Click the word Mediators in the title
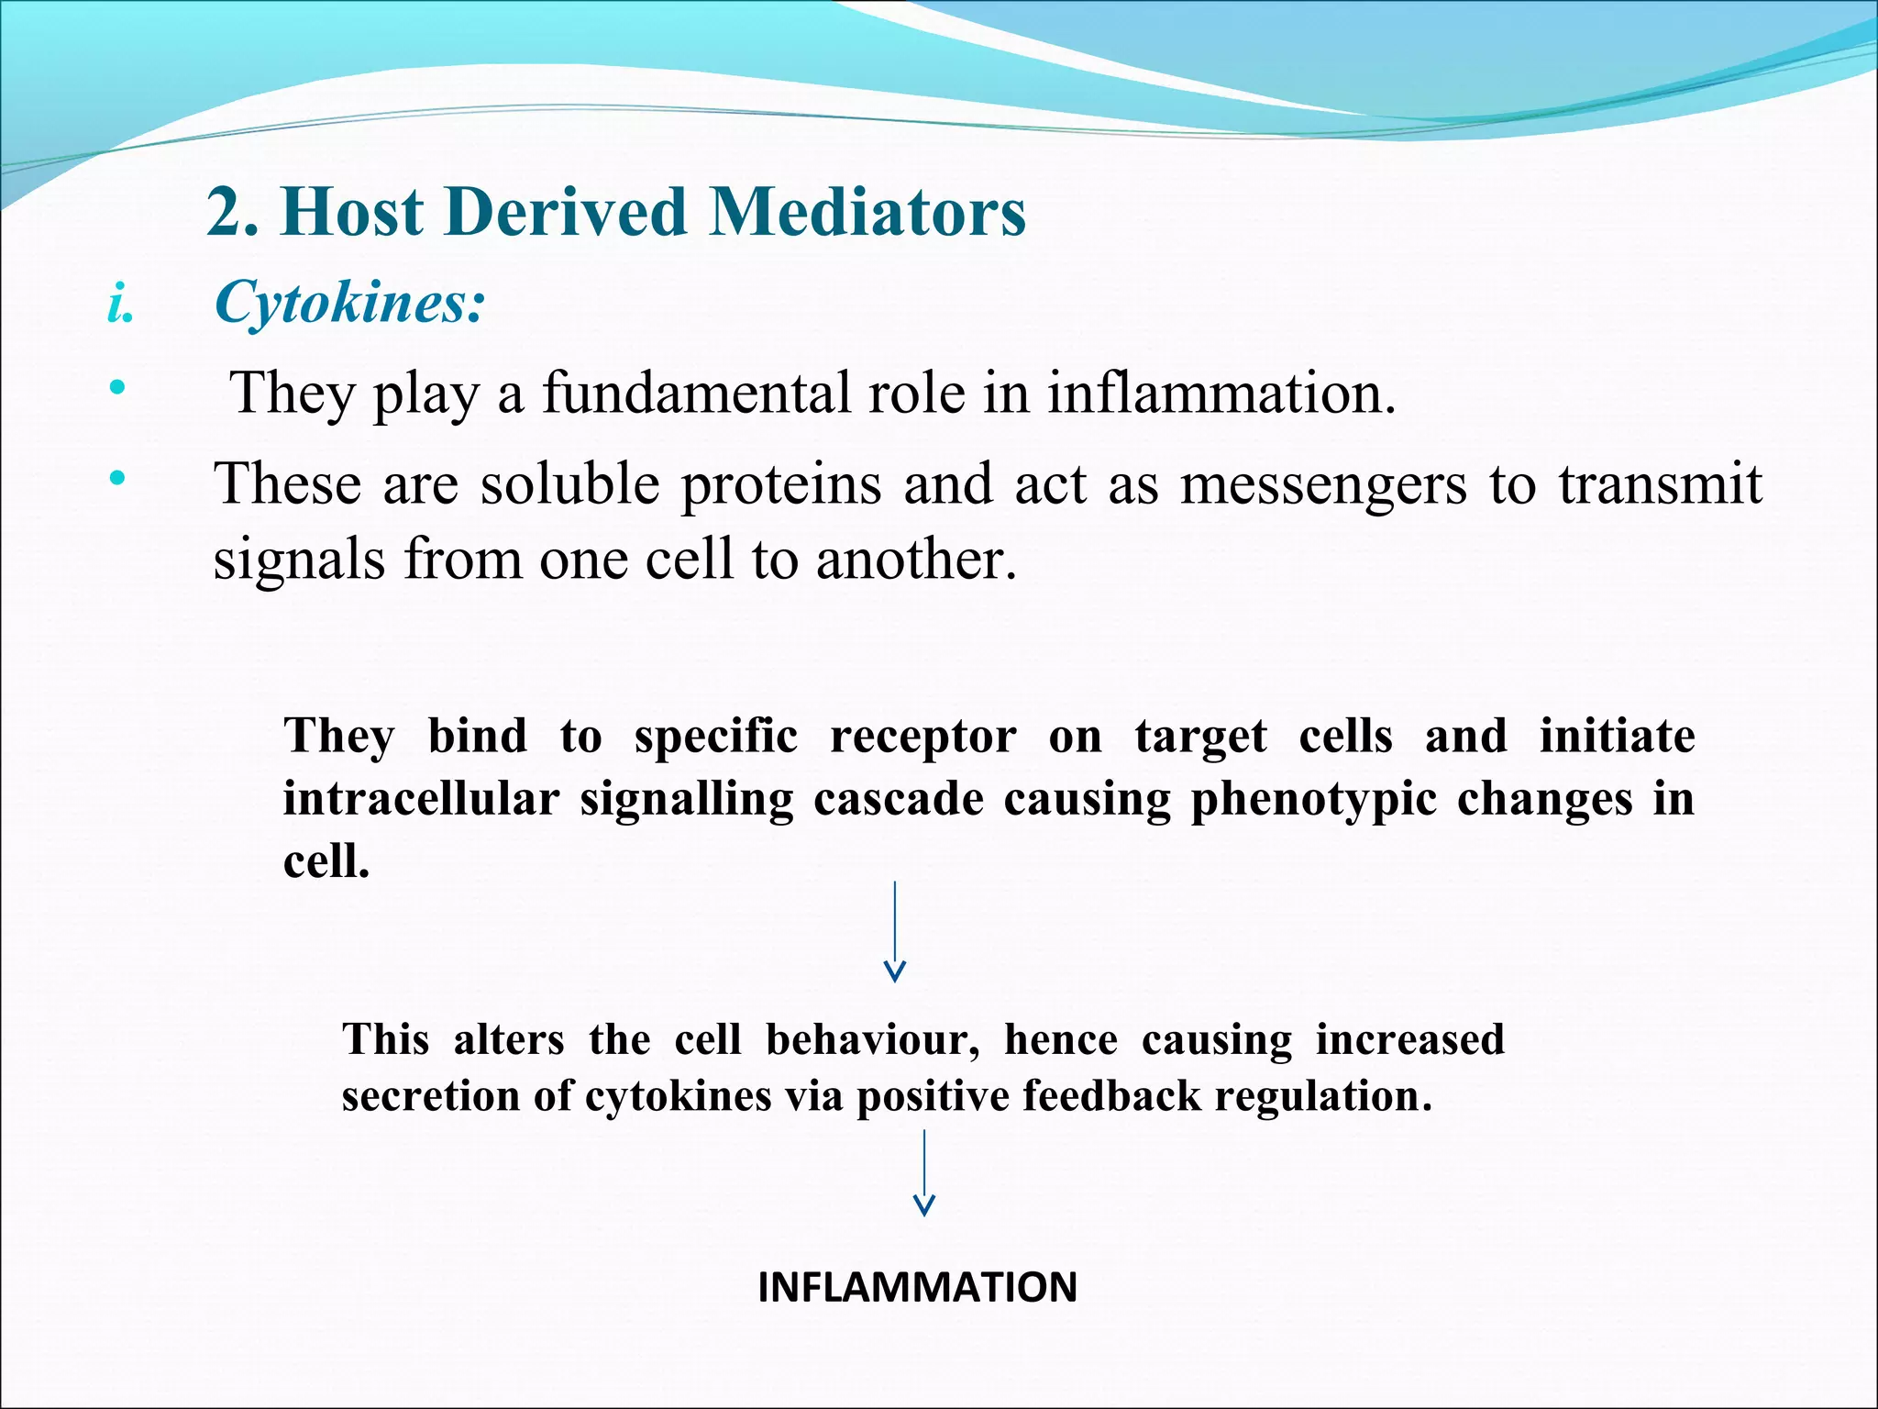(867, 213)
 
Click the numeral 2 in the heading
(225, 213)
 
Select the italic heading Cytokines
(348, 303)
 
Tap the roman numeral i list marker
(118, 304)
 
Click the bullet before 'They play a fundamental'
(116, 388)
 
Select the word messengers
(1322, 484)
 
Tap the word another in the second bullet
(914, 560)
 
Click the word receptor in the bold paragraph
(922, 738)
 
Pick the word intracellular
(421, 798)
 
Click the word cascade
(898, 798)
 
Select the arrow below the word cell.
(895, 931)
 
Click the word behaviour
(872, 1040)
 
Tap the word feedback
(1110, 1096)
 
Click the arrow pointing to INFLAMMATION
(924, 1174)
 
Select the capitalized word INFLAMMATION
(917, 1287)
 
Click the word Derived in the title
(567, 213)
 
